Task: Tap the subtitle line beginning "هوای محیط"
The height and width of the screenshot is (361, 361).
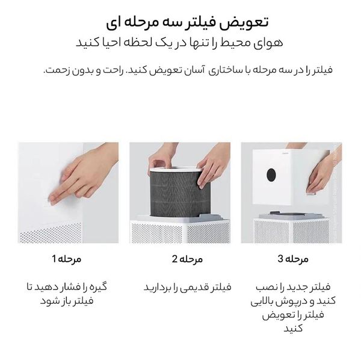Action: (x=180, y=43)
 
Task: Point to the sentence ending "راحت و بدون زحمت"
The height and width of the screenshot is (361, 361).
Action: (x=188, y=70)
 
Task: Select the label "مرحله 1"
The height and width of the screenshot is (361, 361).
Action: (x=63, y=259)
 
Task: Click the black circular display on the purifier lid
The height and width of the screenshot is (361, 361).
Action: (x=271, y=175)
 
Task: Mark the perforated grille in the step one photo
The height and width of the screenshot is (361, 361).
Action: (x=51, y=233)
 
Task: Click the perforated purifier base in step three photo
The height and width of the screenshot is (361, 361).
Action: (x=292, y=232)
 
